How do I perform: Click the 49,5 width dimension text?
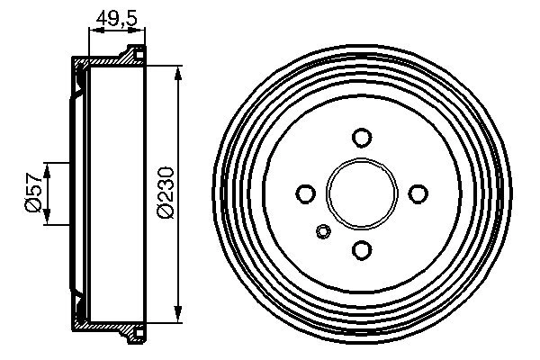click(x=114, y=17)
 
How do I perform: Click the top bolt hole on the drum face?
click(x=362, y=138)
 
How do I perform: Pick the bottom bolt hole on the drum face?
click(x=362, y=250)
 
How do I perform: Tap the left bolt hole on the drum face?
click(x=306, y=193)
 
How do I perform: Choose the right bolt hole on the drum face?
click(x=418, y=193)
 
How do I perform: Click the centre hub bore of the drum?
click(x=362, y=193)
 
